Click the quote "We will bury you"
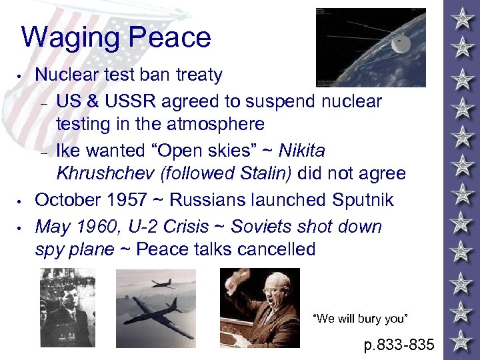(359, 319)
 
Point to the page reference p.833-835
(399, 345)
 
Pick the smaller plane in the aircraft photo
(162, 283)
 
